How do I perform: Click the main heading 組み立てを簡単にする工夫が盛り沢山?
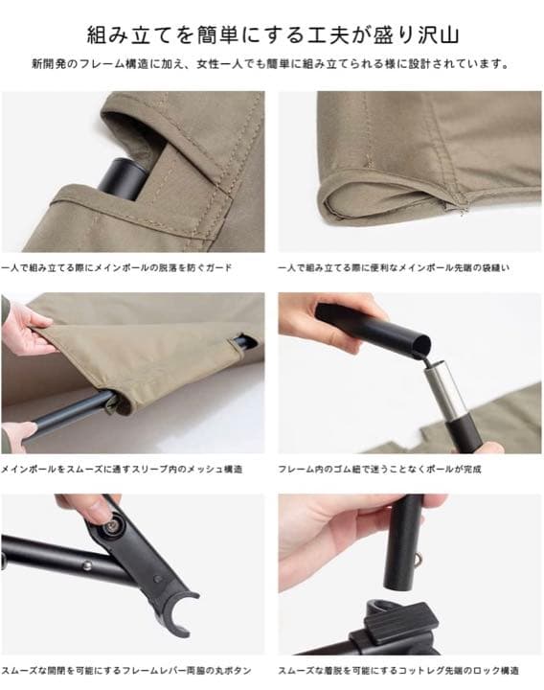273,34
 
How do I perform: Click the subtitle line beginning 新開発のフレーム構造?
270,64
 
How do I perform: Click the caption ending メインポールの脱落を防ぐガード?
116,267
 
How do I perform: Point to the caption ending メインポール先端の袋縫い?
394,267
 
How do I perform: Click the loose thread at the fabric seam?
462,208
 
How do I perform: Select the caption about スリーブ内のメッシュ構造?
122,469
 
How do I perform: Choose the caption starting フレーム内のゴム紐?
379,469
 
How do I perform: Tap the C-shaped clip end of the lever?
178,611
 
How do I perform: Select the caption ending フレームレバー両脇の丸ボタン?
125,671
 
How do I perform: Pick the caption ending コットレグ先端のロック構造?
398,671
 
